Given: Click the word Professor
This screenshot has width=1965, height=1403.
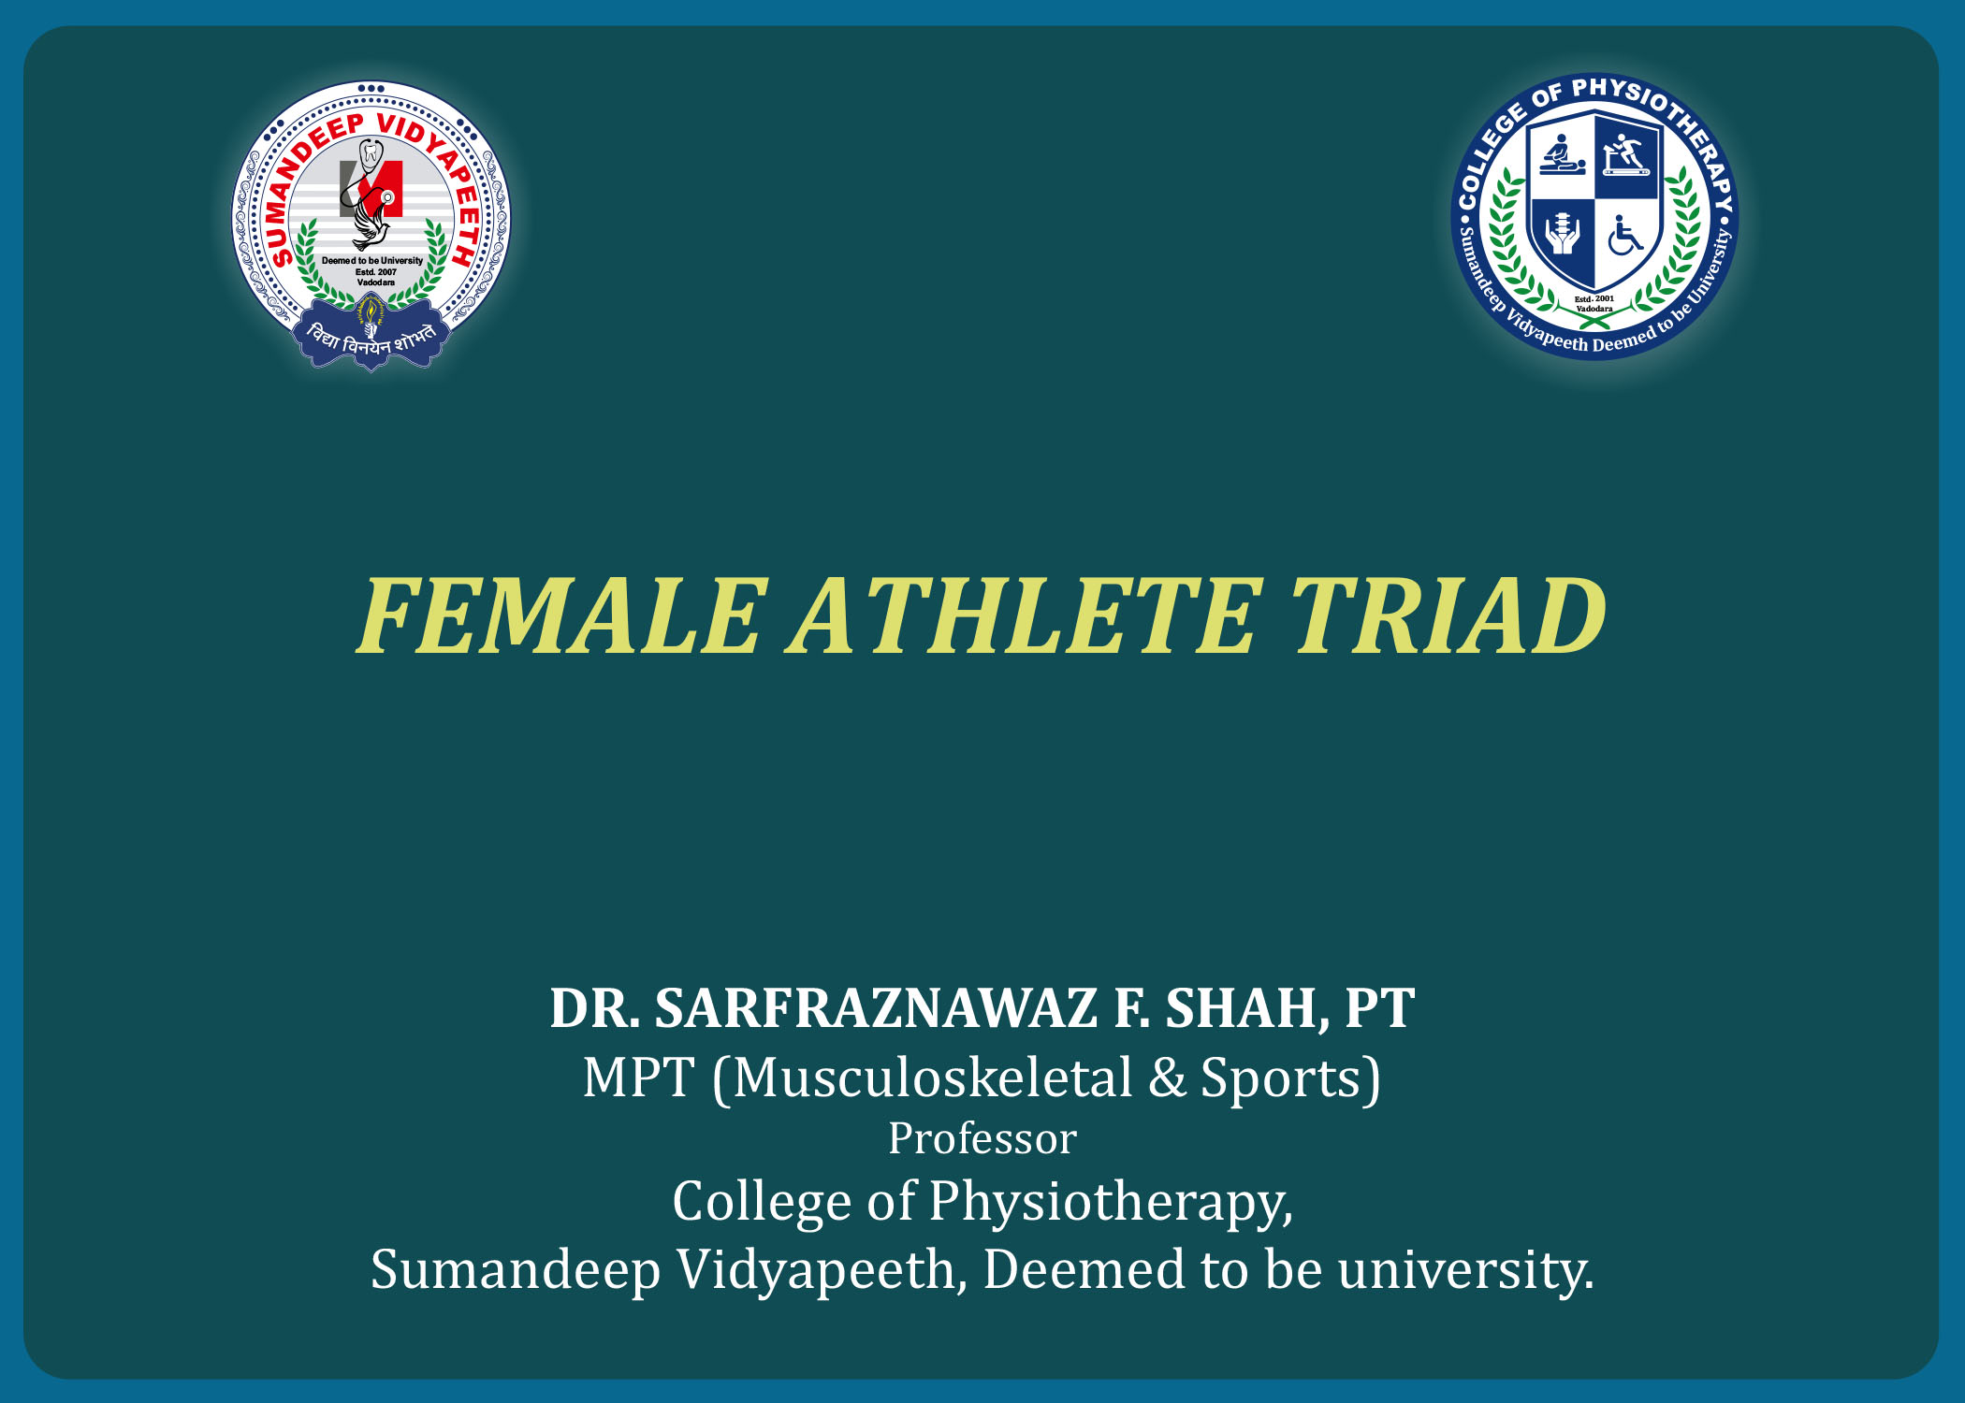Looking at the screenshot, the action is [x=982, y=1138].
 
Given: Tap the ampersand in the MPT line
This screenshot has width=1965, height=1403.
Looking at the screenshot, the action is [x=1167, y=1078].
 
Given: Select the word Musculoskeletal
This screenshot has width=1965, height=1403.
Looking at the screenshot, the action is [x=932, y=1078].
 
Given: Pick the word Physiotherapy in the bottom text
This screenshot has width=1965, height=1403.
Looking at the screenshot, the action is [x=1110, y=1202].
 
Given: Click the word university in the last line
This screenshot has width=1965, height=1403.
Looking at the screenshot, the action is [x=1465, y=1270].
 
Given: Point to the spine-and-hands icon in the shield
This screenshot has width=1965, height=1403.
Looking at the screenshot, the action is [x=1561, y=234].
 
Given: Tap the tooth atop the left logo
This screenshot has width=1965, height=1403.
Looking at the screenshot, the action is [x=372, y=152].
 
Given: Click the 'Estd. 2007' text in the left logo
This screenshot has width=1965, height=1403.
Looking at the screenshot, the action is [x=375, y=272].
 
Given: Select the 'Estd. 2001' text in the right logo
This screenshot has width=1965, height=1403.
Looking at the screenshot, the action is [x=1594, y=299].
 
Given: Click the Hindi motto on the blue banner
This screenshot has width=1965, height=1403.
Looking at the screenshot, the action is [x=371, y=340].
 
